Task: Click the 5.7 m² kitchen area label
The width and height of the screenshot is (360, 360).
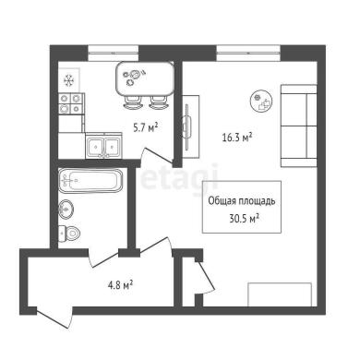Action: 145,127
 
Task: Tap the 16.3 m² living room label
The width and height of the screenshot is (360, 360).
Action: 237,137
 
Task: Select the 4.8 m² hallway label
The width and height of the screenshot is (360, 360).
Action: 120,285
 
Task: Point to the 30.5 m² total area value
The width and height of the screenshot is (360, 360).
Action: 244,218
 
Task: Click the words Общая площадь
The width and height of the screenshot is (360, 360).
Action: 242,201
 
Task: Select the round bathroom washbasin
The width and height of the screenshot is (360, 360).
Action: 66,210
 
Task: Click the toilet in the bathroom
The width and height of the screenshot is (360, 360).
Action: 69,234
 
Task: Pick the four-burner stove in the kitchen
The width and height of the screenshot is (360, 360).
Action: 71,103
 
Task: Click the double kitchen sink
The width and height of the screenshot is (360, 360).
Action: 103,146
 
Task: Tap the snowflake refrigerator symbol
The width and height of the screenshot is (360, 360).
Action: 68,80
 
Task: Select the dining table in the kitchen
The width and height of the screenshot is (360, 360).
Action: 145,78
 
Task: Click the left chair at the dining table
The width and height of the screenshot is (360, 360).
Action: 133,102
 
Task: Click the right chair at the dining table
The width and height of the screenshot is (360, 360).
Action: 158,102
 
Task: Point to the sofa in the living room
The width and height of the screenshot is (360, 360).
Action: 299,126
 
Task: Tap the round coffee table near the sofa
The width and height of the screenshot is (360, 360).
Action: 261,101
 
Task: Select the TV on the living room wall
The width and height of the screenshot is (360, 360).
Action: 187,126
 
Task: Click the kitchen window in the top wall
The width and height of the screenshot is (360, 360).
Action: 114,53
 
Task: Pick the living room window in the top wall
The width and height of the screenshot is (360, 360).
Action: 248,53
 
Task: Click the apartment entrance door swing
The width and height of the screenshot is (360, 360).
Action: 55,318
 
